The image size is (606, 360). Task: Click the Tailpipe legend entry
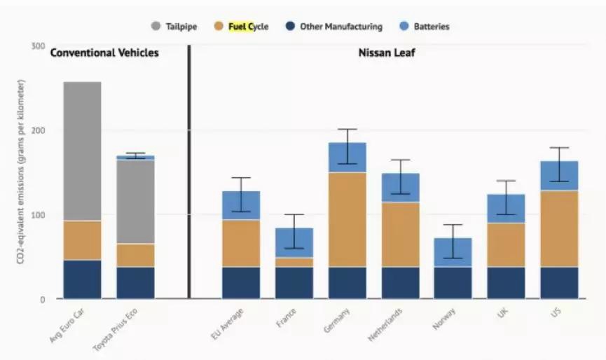tap(174, 27)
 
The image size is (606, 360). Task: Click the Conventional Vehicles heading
tap(104, 53)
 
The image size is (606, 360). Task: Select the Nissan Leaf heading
tap(387, 53)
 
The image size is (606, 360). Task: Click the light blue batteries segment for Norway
tap(453, 252)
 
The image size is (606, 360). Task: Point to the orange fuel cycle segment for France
tap(294, 262)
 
